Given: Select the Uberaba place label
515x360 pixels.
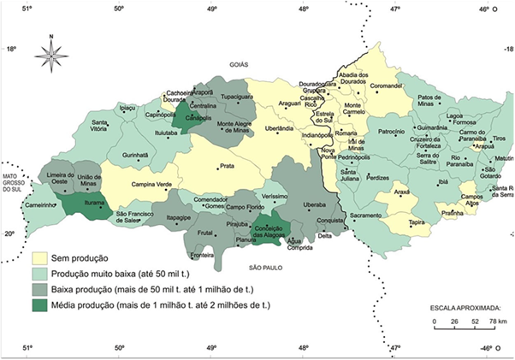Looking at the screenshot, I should coord(315,205).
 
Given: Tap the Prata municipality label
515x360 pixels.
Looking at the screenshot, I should coord(227,167).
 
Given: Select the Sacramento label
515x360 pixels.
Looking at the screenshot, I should coord(365,216).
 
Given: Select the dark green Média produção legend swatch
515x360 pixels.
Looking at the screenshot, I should coord(39,305).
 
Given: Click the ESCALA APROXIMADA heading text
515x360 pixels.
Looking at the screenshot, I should coord(465,305).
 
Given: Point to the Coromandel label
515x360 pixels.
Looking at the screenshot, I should coord(386,86).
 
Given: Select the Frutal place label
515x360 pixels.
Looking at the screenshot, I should coord(204,233).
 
